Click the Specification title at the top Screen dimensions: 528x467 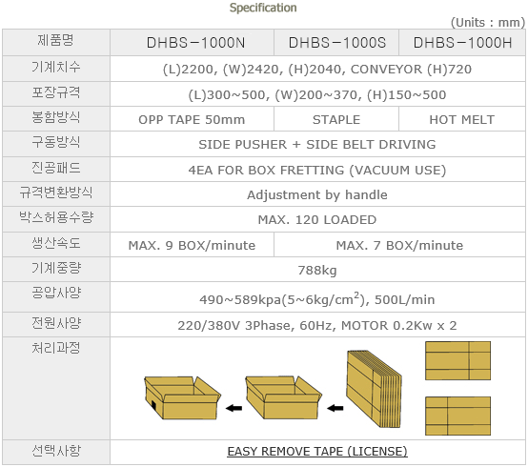click(263, 8)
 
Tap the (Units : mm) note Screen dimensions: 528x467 click(488, 23)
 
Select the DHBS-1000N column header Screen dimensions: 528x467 click(195, 43)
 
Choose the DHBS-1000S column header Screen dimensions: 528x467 click(337, 43)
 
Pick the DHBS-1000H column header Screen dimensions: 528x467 click(462, 43)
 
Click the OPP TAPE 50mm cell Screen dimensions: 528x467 click(192, 119)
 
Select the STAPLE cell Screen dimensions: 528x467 click(336, 119)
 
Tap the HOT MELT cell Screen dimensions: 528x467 click(461, 119)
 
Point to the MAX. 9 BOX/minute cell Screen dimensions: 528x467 click(192, 245)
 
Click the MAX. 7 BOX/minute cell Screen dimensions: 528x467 click(399, 245)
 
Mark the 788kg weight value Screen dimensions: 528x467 click(317, 271)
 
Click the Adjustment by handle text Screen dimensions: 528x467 click(317, 195)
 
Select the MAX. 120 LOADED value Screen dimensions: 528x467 click(317, 220)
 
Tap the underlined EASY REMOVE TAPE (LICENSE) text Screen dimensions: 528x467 click(317, 451)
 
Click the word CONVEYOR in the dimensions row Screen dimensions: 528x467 click(386, 69)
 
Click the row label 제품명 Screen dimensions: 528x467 click(55, 40)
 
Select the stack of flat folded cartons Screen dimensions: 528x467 click(375, 389)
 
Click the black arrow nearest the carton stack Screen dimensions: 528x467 click(335, 409)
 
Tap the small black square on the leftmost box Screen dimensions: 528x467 click(153, 405)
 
